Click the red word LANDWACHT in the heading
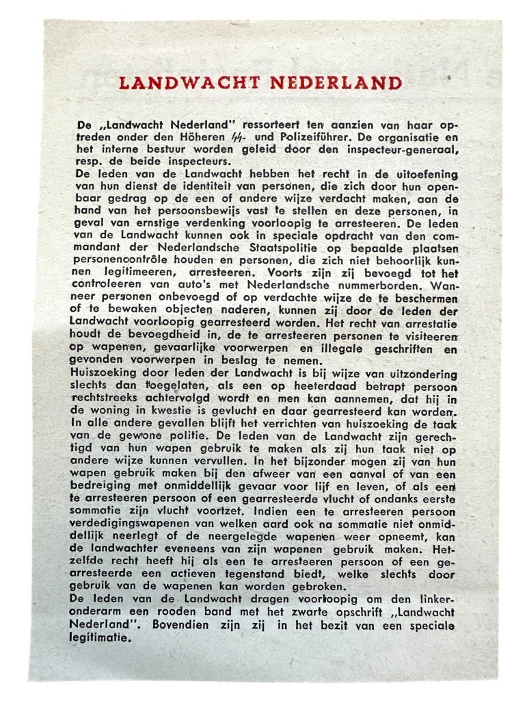coord(190,84)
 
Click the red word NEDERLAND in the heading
coord(335,84)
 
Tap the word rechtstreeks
coord(109,395)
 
